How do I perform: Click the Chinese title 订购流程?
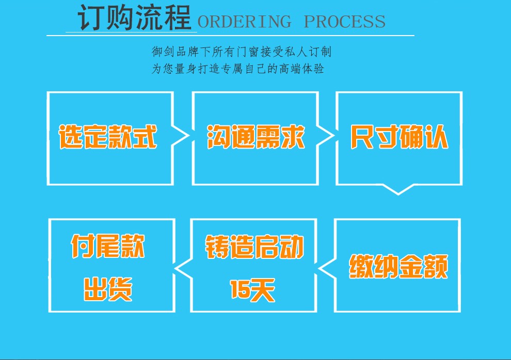coord(134,18)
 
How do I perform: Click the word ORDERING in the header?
coord(245,22)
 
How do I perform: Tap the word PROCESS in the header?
coord(344,22)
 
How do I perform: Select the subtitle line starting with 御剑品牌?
coord(242,52)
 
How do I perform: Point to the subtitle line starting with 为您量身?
coord(238,69)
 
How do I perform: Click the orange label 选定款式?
coord(108,137)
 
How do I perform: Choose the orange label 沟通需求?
coord(256,137)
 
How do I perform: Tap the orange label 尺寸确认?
coord(399,137)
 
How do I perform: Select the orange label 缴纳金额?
coord(398,266)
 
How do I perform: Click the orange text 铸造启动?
coord(254,247)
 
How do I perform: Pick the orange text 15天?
coord(252,290)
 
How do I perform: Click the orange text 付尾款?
coord(108,246)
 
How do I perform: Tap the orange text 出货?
coord(108,289)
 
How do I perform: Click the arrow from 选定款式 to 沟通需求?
coord(180,136)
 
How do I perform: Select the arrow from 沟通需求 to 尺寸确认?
coord(325,136)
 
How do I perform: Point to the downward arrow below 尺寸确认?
coord(398,189)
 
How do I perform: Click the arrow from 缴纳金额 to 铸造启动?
coord(327,268)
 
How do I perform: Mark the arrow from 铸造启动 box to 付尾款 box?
coord(183,268)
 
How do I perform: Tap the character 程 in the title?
coord(178,18)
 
